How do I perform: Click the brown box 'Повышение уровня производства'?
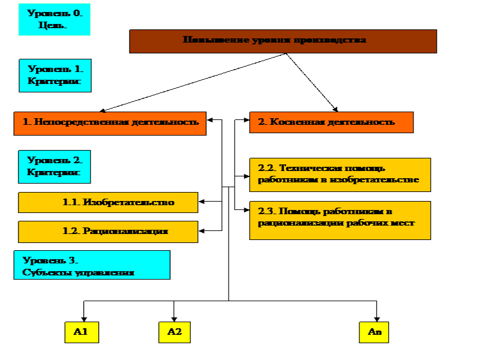283,41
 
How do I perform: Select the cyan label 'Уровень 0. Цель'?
54,19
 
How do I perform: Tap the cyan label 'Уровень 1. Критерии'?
55,75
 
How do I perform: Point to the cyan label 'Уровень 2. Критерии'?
55,166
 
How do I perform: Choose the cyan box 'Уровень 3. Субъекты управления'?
92,265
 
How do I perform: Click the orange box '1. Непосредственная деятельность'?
110,122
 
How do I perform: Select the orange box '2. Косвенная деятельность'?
331,122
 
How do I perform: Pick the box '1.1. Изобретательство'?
108,202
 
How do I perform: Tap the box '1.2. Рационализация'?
108,231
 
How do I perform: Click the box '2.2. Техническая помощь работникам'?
340,175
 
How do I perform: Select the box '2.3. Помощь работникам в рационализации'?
340,220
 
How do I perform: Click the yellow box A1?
82,332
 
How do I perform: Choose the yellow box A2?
174,332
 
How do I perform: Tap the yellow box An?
374,332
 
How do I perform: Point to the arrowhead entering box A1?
83,320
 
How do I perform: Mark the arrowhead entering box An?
377,320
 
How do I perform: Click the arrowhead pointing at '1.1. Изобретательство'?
203,202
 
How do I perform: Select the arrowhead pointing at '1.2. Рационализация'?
203,230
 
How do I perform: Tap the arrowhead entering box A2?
174,320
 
